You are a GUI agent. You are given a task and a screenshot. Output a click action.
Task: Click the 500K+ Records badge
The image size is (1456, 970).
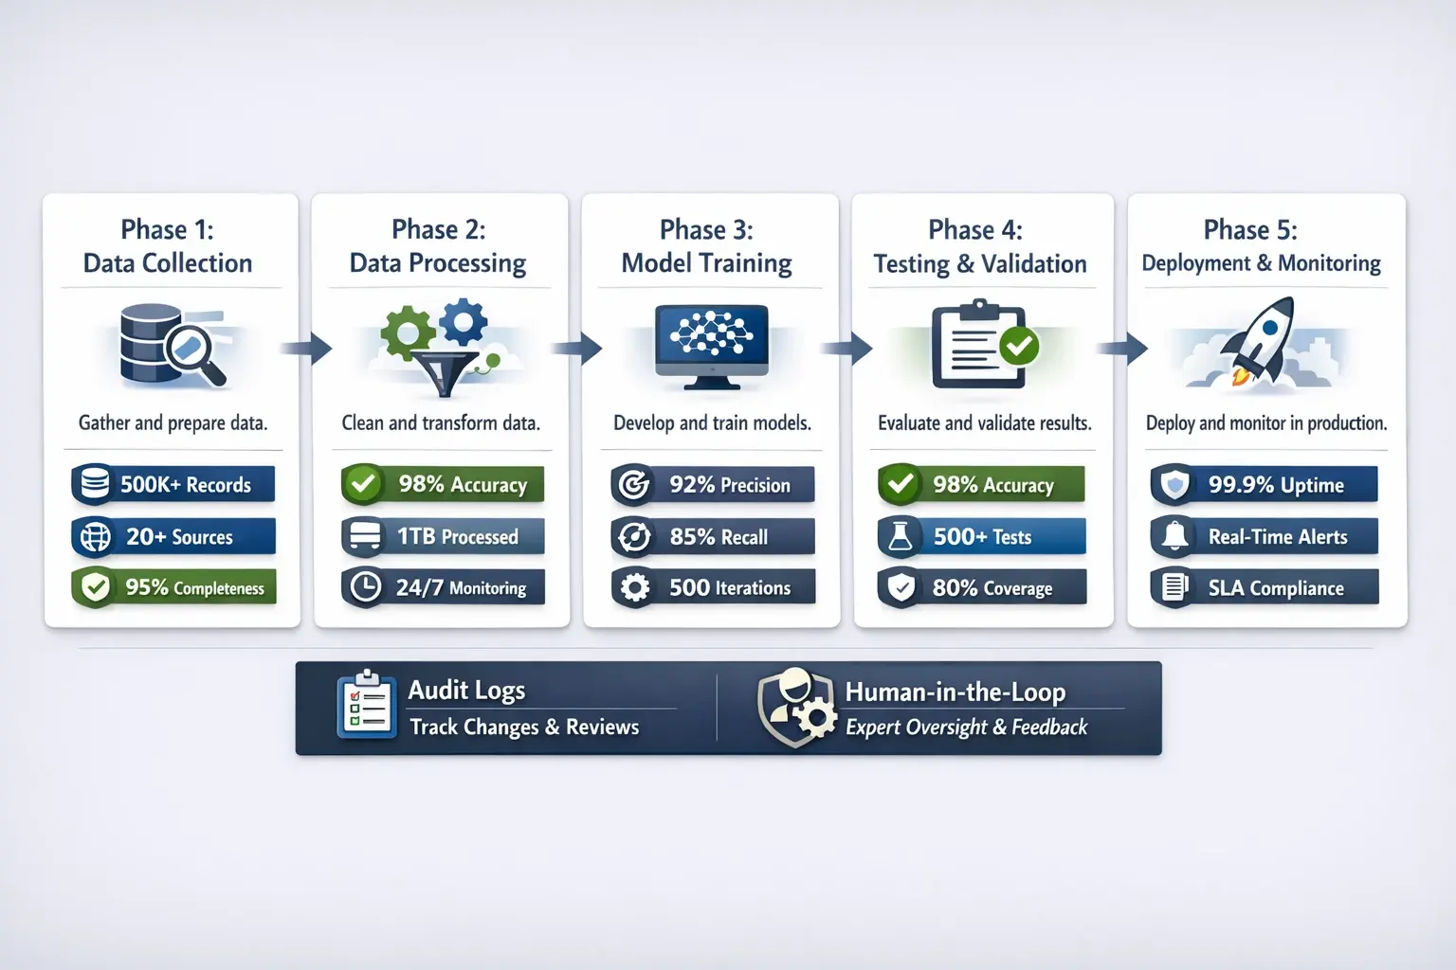173,484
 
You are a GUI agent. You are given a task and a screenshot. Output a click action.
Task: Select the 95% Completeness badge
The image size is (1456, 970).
173,587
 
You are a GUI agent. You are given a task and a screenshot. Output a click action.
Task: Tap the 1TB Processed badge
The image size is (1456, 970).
443,536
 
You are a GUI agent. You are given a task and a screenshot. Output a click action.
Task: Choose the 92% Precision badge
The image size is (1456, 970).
713,484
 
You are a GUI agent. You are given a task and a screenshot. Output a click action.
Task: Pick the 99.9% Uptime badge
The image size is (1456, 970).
1264,484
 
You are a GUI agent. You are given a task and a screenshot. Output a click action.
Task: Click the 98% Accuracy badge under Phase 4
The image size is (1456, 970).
981,484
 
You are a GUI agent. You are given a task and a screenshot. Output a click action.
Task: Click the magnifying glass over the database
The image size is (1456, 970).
194,353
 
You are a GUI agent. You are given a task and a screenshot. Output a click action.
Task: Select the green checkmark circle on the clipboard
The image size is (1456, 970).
1019,346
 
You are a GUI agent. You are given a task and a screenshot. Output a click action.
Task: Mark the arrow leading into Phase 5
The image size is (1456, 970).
1122,348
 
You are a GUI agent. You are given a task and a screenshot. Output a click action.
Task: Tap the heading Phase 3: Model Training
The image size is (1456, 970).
707,246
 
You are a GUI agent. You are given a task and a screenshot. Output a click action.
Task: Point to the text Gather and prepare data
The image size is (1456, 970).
173,422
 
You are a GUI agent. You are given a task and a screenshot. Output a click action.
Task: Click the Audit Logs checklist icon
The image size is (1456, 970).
367,705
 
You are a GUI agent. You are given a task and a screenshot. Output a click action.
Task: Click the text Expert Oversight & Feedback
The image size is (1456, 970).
966,727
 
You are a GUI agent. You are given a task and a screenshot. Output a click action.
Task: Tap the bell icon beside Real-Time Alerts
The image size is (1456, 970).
1175,536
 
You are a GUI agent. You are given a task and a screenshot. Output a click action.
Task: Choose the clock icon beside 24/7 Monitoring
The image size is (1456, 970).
365,587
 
